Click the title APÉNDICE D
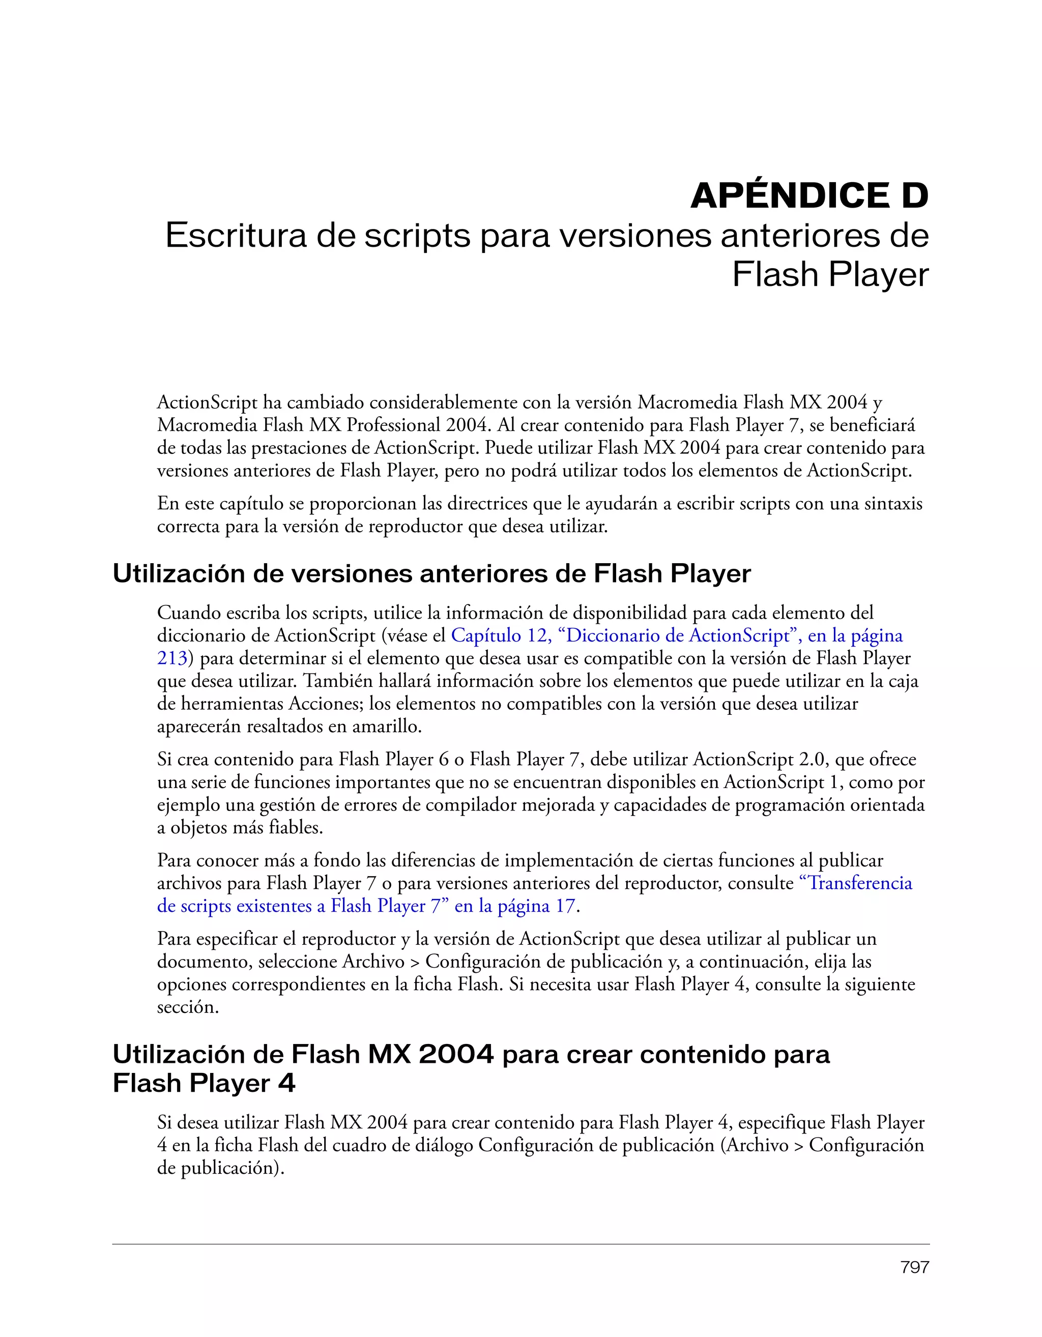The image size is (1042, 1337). coord(809,196)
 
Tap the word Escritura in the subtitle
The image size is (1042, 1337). coord(235,236)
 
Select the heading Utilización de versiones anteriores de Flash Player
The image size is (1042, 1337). coord(431,573)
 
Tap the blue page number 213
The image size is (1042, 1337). coord(171,658)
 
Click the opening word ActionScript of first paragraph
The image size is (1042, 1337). coord(207,402)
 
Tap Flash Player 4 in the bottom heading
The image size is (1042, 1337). coord(204,1084)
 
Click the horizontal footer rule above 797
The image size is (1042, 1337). coord(520,1244)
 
